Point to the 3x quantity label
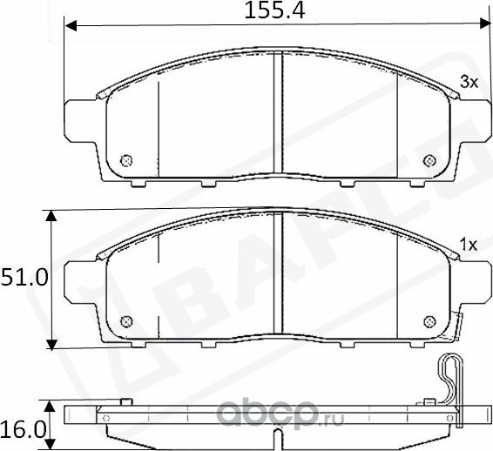pos(469,83)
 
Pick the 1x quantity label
pos(469,246)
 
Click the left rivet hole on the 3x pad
pos(126,160)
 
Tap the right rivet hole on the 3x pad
pos(428,160)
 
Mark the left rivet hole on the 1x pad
pos(126,321)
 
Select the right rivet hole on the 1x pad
pos(428,321)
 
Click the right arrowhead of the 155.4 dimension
pos(482,26)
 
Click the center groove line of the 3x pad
pos(277,113)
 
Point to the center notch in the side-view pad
pos(277,438)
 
